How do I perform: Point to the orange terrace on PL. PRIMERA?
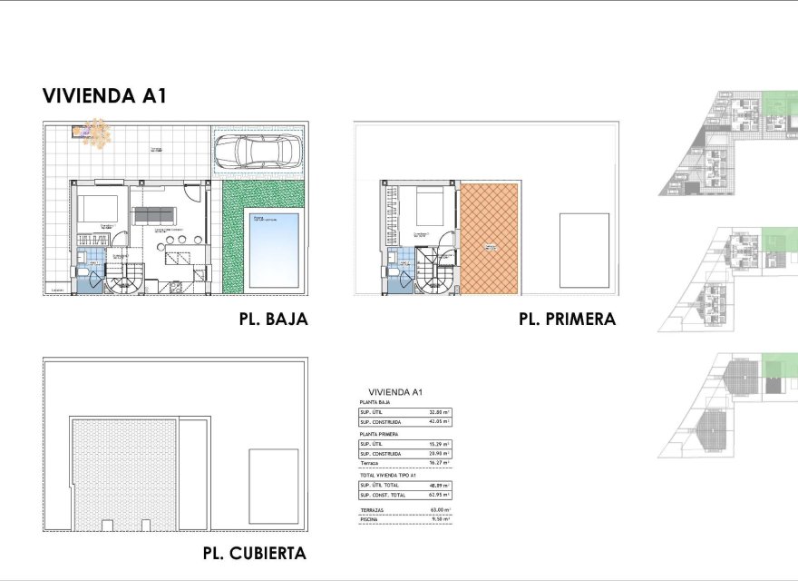click(490, 238)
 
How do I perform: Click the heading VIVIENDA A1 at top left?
click(103, 97)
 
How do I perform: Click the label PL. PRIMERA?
click(567, 320)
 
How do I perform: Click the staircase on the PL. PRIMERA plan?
click(435, 277)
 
